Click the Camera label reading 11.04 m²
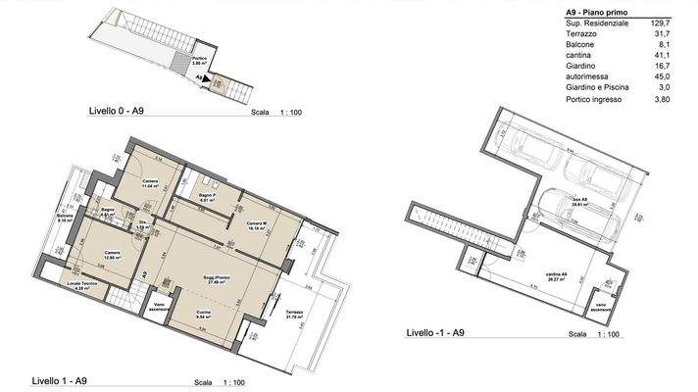pos(150,185)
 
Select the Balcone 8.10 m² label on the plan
pos(66,219)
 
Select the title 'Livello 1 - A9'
pos(60,381)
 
